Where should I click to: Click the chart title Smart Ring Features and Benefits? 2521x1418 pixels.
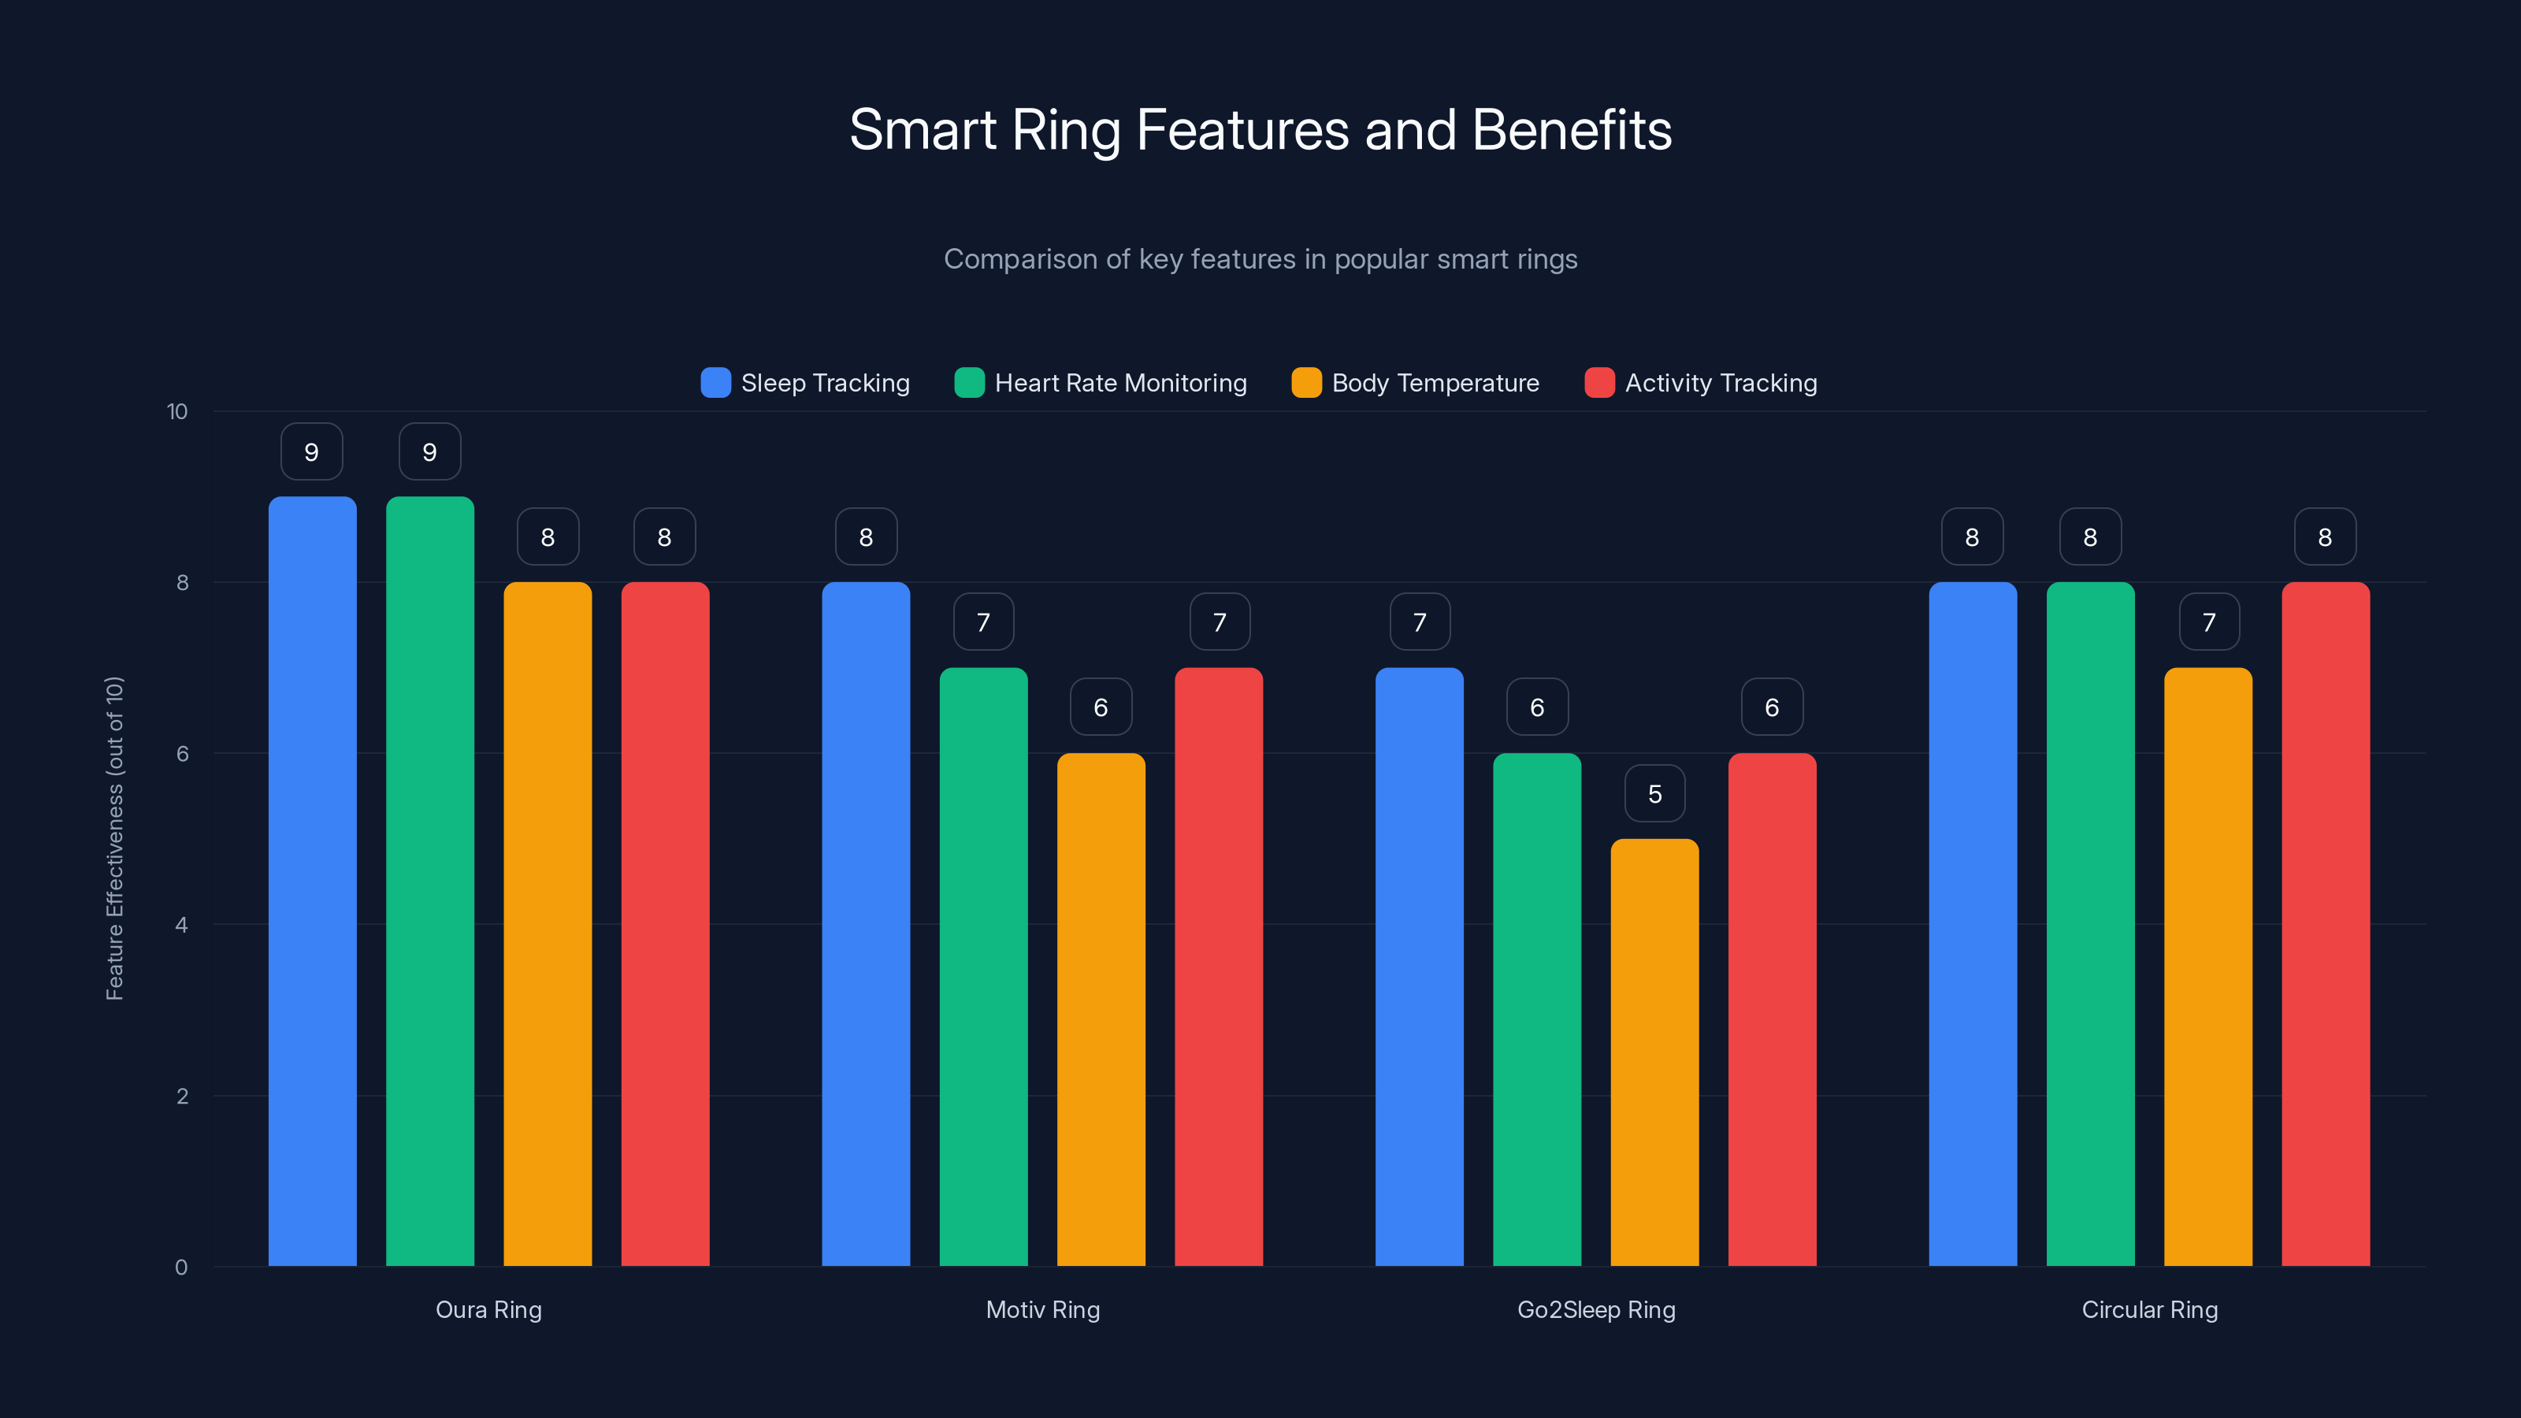[1260, 130]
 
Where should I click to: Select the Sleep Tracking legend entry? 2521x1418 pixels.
[804, 383]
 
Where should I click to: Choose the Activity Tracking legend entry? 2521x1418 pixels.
[1701, 383]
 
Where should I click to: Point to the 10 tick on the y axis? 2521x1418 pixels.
[177, 412]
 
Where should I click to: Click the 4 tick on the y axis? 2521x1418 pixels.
[181, 925]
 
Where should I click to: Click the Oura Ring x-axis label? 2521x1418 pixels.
[488, 1309]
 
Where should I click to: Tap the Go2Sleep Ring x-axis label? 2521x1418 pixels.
[1596, 1309]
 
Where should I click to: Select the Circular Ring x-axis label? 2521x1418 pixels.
[2149, 1309]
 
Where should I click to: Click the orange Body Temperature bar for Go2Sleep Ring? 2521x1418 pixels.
[1654, 1052]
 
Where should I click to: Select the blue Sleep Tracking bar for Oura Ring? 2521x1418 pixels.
[312, 881]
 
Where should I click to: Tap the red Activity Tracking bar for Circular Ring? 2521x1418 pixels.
[2326, 924]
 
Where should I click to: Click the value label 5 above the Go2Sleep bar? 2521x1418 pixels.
[1654, 793]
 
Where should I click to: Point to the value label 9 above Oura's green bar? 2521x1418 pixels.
[429, 452]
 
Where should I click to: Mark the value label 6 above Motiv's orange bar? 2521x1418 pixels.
[1101, 707]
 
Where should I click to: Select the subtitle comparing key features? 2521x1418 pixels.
[1260, 259]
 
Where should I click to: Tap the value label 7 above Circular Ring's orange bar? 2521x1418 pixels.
[2209, 622]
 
